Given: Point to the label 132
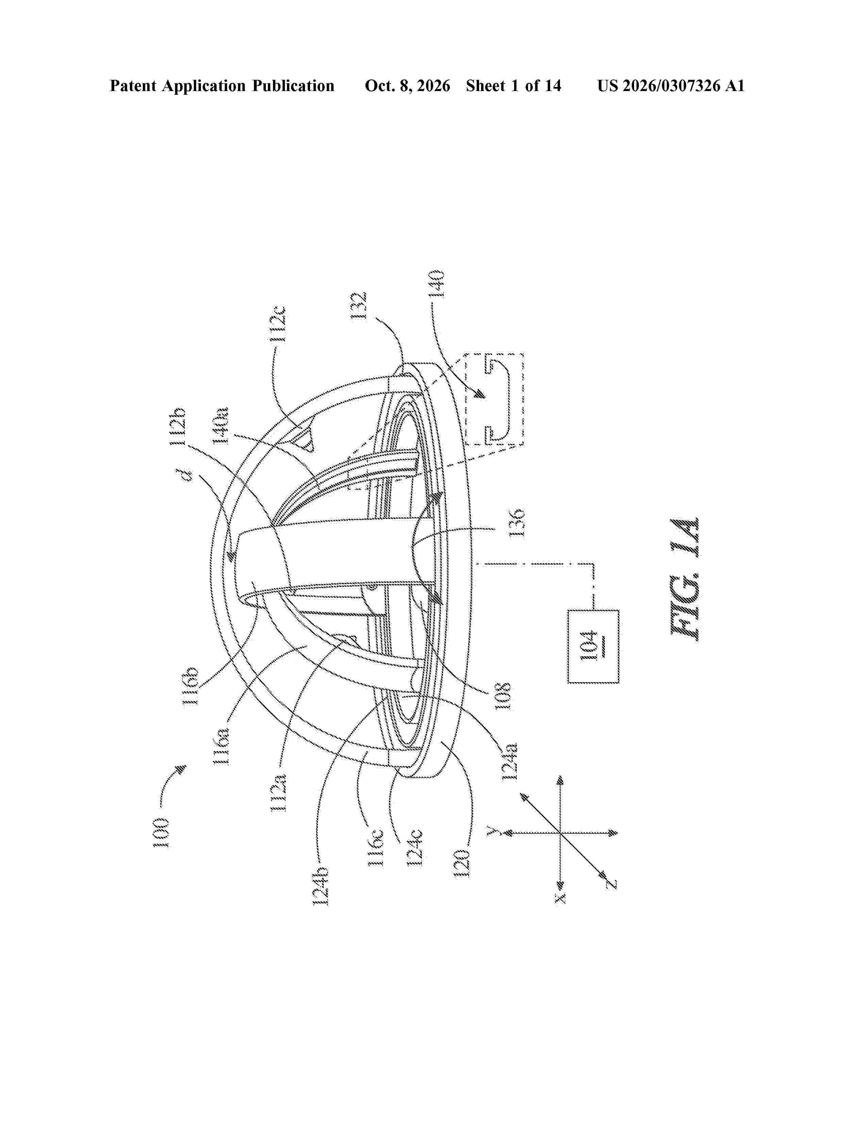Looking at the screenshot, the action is coord(358,306).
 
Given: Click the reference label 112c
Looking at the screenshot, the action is coord(278,324).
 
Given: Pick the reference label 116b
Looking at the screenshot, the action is coord(191,686).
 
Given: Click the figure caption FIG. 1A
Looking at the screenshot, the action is coord(685,579).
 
